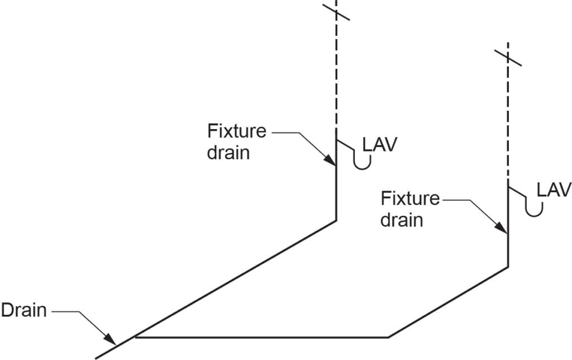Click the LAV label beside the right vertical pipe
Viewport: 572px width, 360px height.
click(554, 190)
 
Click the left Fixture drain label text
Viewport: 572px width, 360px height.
click(236, 142)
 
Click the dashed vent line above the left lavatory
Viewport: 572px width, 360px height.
click(336, 73)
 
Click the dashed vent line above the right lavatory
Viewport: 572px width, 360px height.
click(508, 123)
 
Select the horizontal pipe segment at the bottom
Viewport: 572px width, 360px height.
click(263, 338)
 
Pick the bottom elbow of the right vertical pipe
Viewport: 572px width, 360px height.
click(508, 267)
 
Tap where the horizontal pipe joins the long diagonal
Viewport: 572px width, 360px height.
click(136, 337)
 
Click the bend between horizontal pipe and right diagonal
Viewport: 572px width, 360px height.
click(389, 338)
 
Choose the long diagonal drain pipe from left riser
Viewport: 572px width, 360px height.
click(235, 280)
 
